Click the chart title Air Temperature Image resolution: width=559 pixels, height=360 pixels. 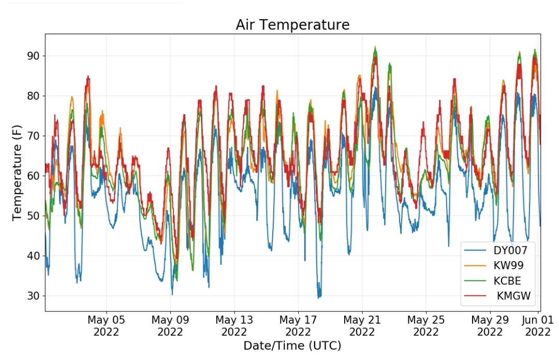point(292,25)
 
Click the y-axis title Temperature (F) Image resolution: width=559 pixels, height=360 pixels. point(17,172)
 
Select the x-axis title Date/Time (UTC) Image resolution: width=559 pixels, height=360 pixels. point(292,345)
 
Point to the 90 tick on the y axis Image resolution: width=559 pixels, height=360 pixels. point(34,56)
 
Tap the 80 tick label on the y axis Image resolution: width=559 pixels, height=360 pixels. point(34,96)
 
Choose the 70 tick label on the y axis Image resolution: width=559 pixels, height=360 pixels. point(34,136)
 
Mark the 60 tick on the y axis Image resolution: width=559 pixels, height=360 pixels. point(34,176)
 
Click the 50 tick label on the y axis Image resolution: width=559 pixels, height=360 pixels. point(34,216)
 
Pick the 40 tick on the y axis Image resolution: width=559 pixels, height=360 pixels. point(34,256)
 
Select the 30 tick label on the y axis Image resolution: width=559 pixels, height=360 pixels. point(34,296)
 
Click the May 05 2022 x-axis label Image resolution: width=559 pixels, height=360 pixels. point(106,326)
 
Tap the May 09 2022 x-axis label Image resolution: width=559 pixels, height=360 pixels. point(170,326)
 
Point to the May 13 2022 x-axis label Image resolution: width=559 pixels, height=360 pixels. point(234,326)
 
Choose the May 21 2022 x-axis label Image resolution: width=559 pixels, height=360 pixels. point(362,326)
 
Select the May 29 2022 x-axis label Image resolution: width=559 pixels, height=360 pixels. point(490,326)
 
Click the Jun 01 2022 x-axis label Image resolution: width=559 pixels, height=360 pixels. point(538,326)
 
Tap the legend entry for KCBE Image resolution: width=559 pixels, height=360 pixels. point(493,281)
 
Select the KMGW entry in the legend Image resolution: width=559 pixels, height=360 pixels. point(497,296)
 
